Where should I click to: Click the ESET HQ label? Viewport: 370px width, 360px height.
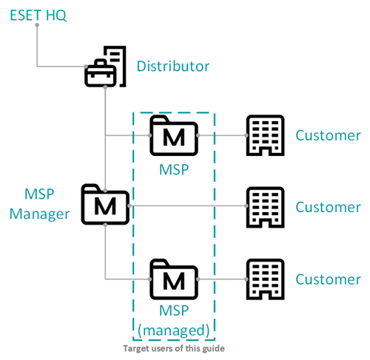tap(38, 16)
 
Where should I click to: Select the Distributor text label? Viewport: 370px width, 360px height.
tap(173, 66)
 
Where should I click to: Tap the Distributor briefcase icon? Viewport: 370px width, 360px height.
tap(105, 67)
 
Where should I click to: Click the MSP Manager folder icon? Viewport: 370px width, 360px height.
tap(105, 204)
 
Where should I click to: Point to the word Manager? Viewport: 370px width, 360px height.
tap(39, 214)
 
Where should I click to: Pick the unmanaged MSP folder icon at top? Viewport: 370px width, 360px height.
tap(174, 135)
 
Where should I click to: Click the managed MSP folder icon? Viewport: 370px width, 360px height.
tap(174, 279)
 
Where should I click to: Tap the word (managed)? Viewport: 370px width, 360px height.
tap(174, 330)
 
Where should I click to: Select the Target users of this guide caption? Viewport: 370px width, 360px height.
tap(174, 348)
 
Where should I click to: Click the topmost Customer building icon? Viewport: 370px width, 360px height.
tap(266, 135)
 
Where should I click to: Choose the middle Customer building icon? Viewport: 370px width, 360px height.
tap(266, 207)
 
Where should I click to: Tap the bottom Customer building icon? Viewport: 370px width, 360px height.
tap(266, 279)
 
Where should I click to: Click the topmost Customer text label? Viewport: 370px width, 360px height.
tap(328, 135)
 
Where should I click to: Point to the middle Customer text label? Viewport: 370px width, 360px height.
tap(328, 207)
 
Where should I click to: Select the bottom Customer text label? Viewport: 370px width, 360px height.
tap(328, 279)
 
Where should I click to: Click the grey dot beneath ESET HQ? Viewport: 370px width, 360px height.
tap(37, 25)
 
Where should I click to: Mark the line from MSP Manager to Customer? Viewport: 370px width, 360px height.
tap(188, 206)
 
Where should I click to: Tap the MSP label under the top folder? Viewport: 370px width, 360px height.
tap(174, 169)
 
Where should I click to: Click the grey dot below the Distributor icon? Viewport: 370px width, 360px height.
tap(105, 87)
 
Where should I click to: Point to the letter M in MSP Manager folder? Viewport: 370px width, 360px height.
tap(105, 206)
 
